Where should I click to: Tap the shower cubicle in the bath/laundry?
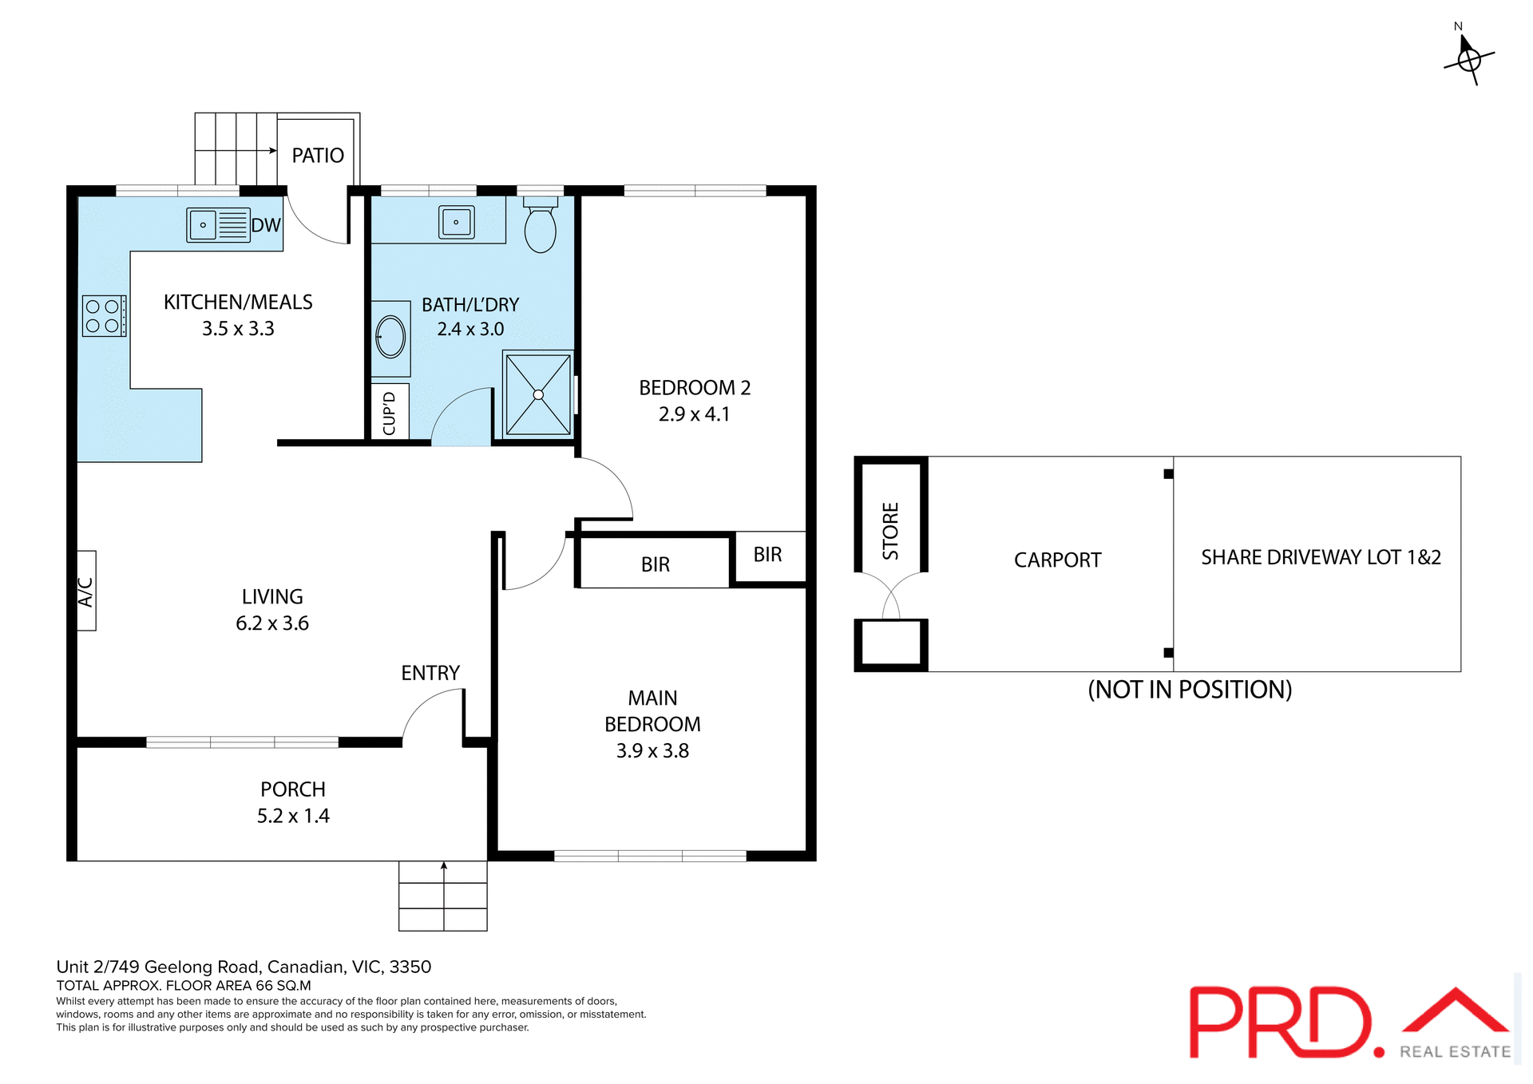coord(538,394)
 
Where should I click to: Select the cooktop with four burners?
coord(104,316)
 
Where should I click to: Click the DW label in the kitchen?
coord(266,225)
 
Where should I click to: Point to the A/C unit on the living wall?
coord(86,591)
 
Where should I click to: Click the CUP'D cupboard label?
coord(390,413)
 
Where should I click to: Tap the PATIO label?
coord(318,156)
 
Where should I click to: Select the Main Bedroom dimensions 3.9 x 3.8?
coord(652,751)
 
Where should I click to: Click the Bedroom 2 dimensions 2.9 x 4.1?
coord(694,414)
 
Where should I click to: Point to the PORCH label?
coord(293,789)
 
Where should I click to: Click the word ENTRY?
coord(430,673)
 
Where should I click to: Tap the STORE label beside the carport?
coord(891,531)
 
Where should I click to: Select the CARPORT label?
coord(1057,560)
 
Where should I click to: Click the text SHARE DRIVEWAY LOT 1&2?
coord(1321,557)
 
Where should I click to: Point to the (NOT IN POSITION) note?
coord(1190,690)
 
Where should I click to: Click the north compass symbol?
coord(1469,58)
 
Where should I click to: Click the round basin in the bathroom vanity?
coord(390,337)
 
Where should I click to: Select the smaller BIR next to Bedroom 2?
coord(767,555)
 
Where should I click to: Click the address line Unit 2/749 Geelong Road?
coord(244,967)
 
